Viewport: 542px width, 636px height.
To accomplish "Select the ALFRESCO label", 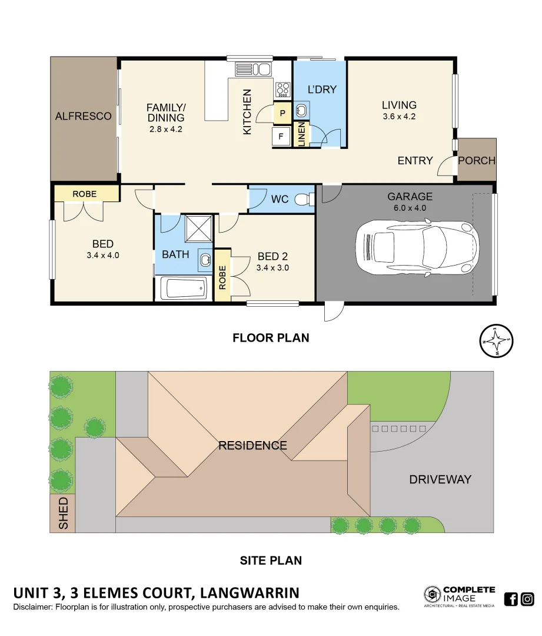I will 83,116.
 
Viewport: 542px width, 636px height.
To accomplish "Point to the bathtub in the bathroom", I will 185,289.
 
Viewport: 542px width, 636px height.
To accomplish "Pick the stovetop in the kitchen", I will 283,90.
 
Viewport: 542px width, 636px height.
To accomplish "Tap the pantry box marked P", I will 282,113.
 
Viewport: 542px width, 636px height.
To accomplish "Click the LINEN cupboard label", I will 301,134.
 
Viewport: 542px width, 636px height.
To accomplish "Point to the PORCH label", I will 477,160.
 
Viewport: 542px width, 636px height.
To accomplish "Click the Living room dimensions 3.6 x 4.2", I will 399,117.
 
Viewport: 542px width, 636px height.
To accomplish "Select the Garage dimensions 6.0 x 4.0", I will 410,208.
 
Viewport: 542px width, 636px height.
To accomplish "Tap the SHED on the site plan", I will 62,513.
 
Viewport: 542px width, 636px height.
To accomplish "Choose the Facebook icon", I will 511,599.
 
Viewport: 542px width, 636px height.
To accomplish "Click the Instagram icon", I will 527,599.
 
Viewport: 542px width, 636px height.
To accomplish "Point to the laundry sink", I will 301,110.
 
